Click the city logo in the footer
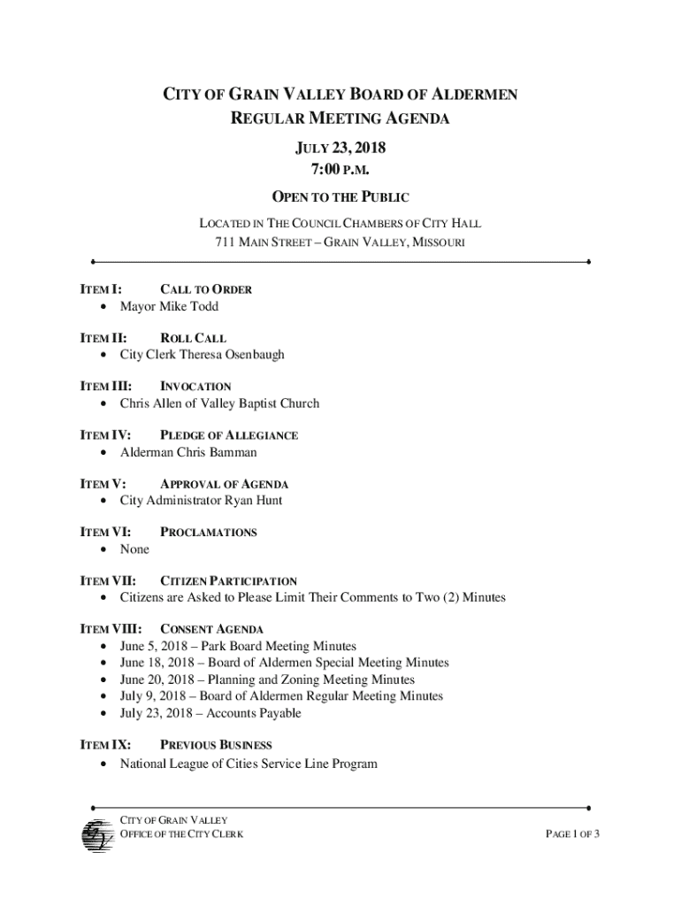tap(94, 834)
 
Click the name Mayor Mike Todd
tap(169, 306)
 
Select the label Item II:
tap(103, 338)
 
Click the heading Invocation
tap(195, 387)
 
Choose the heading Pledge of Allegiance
tap(228, 435)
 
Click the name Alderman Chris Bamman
tap(188, 452)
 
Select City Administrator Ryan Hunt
tap(201, 501)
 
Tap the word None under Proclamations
tap(135, 549)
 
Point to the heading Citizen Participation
tap(228, 581)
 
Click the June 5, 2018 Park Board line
tap(238, 647)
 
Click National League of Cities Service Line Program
tap(249, 763)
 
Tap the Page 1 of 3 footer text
tap(573, 834)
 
